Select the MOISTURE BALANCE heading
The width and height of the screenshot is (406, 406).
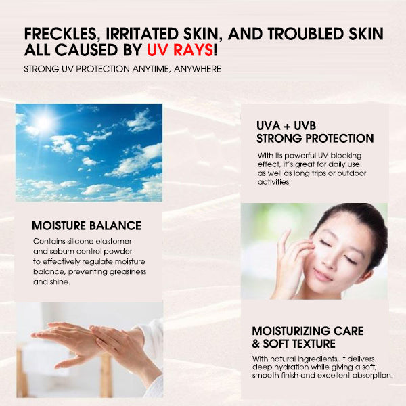tap(87, 225)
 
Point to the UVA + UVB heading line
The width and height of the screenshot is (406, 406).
tap(286, 126)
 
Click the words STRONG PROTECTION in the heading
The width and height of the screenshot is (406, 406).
tap(315, 139)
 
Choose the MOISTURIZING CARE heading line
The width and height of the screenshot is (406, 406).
tap(307, 331)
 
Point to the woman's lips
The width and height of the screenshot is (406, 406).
tap(324, 275)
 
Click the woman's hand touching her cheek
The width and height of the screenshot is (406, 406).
tap(291, 261)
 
